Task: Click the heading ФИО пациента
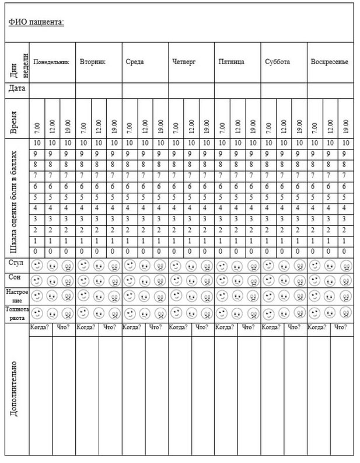[x=36, y=22]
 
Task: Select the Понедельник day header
[x=51, y=61]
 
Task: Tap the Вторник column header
[x=93, y=61]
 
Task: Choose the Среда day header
[x=135, y=61]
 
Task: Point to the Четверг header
[x=184, y=61]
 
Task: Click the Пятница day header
[x=231, y=61]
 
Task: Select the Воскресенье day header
[x=330, y=61]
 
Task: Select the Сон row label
[x=16, y=279]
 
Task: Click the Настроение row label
[x=16, y=294]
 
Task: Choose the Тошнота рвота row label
[x=16, y=311]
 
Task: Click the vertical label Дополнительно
[x=15, y=388]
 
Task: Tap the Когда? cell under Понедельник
[x=40, y=328]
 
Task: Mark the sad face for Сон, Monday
[x=67, y=280]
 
